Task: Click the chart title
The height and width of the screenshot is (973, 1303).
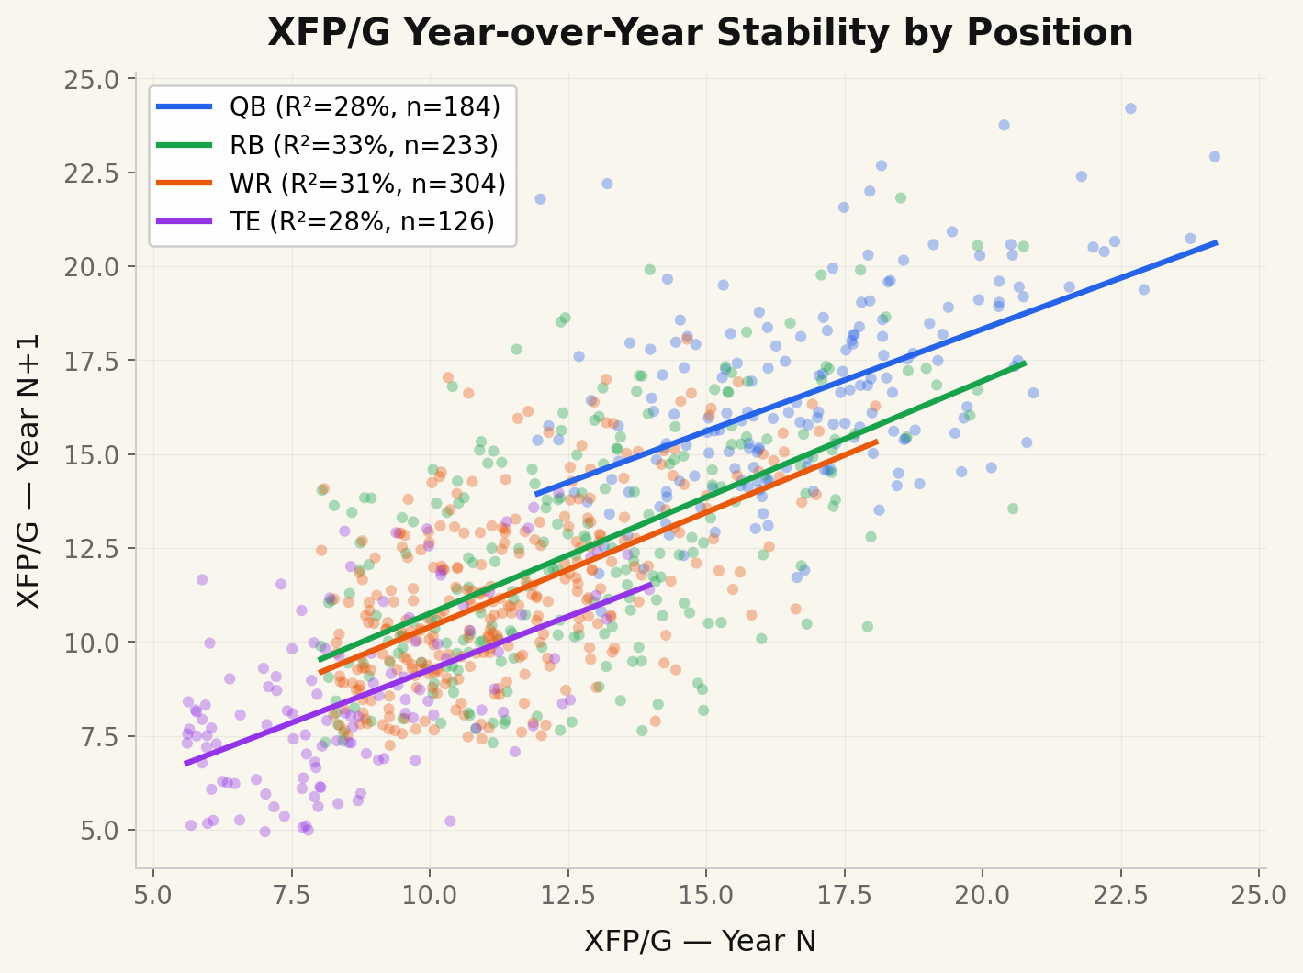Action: point(700,34)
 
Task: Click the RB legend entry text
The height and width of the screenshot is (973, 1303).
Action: point(364,145)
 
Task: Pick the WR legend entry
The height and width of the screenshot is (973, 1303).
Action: point(367,184)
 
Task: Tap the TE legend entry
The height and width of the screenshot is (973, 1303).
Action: point(362,222)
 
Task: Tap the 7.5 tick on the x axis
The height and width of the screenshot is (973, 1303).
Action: point(292,894)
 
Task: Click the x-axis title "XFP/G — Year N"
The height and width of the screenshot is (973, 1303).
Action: point(700,942)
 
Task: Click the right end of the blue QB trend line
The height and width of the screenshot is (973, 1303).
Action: point(1217,242)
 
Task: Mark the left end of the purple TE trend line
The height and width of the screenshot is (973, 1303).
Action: point(186,763)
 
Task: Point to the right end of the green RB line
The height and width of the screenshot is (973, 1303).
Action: point(1025,363)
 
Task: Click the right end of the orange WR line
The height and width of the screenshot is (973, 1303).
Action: point(877,442)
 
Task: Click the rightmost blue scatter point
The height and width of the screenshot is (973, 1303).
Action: point(1215,157)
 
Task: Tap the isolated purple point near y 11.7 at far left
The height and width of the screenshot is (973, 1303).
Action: point(202,579)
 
